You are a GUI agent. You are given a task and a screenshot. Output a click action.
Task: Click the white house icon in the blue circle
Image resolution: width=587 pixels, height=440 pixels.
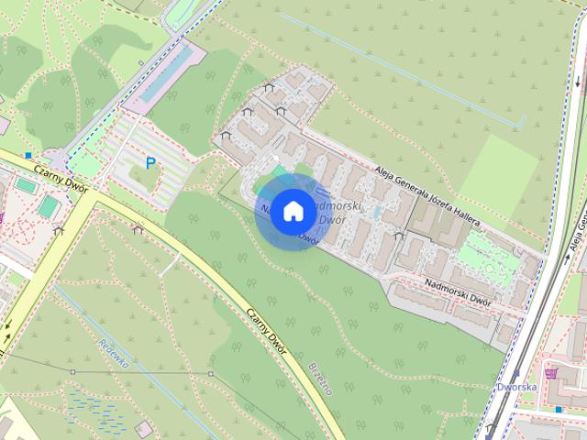pos(293,211)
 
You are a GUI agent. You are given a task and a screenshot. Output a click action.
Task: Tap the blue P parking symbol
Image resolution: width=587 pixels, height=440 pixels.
pos(150,163)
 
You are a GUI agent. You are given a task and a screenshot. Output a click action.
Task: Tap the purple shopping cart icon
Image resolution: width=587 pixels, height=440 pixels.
pos(551,373)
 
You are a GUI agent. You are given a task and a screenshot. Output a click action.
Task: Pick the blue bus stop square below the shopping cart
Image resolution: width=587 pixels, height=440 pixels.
pos(558,409)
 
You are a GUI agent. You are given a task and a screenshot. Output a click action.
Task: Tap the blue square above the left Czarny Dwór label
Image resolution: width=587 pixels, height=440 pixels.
pos(29,156)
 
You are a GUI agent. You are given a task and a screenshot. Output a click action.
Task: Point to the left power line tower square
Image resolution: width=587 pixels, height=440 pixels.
pos(72,371)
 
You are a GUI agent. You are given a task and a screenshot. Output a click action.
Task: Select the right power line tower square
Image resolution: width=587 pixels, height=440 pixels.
pos(210,374)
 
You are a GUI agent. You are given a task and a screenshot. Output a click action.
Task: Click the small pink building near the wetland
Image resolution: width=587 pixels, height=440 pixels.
pos(143,429)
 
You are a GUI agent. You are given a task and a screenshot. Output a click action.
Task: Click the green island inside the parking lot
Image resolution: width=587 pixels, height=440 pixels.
pos(142,179)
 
